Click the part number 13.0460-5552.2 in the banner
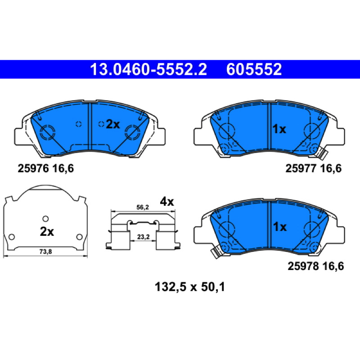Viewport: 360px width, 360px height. click(148, 69)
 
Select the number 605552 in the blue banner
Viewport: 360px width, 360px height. click(254, 69)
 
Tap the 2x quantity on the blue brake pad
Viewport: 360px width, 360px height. click(113, 125)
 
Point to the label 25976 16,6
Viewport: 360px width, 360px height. click(46, 169)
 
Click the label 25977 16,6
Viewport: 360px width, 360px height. click(313, 169)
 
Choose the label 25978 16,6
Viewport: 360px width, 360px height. click(316, 266)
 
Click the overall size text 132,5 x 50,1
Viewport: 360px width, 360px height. click(190, 287)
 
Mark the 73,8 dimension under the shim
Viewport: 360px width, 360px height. click(46, 252)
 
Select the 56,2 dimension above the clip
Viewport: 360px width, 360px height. click(143, 207)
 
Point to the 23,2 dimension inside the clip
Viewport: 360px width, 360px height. click(143, 237)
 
